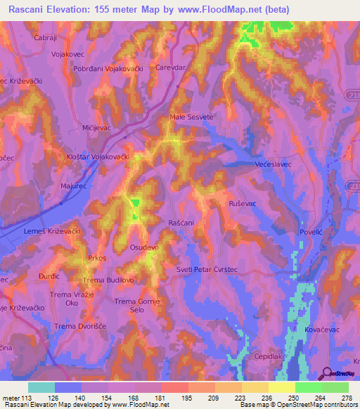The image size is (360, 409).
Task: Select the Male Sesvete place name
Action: point(191,117)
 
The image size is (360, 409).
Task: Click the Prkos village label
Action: point(97,258)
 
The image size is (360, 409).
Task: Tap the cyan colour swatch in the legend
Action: point(41,387)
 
